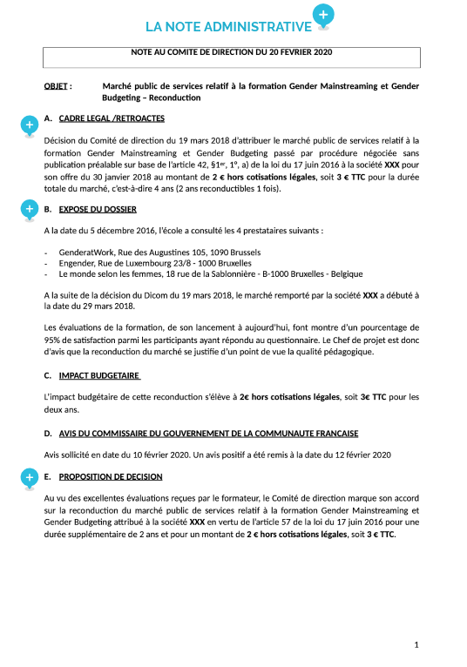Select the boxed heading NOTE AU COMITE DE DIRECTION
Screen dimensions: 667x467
click(x=232, y=52)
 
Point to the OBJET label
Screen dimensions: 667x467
click(x=58, y=87)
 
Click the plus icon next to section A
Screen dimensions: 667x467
click(x=29, y=126)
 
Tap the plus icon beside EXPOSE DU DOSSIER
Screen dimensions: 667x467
click(x=29, y=208)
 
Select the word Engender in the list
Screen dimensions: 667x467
click(x=78, y=262)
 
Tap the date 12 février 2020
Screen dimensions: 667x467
click(x=357, y=455)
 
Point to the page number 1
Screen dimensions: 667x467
click(x=417, y=645)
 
